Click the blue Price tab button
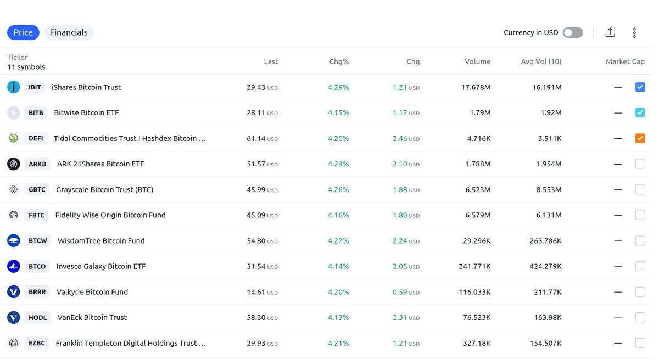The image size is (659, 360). tap(23, 32)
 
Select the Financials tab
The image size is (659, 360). tap(69, 32)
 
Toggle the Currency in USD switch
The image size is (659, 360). tap(573, 32)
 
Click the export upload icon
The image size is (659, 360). tap(610, 32)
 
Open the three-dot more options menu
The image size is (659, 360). tap(634, 32)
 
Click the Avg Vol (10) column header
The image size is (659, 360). tap(541, 61)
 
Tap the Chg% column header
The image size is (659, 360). tap(339, 61)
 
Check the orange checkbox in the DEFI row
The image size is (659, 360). tap(640, 138)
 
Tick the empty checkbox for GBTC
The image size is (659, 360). tap(640, 189)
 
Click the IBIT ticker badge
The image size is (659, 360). tap(35, 87)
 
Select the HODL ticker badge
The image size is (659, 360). tap(37, 317)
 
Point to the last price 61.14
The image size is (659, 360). tap(256, 138)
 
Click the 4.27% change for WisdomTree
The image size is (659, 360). tap(338, 240)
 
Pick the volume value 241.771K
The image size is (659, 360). tap(474, 266)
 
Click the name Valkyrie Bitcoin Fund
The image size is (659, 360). tap(92, 292)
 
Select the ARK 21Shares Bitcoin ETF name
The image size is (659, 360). tap(100, 164)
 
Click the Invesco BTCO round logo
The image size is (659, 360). tap(14, 266)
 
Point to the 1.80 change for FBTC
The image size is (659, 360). tap(400, 215)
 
